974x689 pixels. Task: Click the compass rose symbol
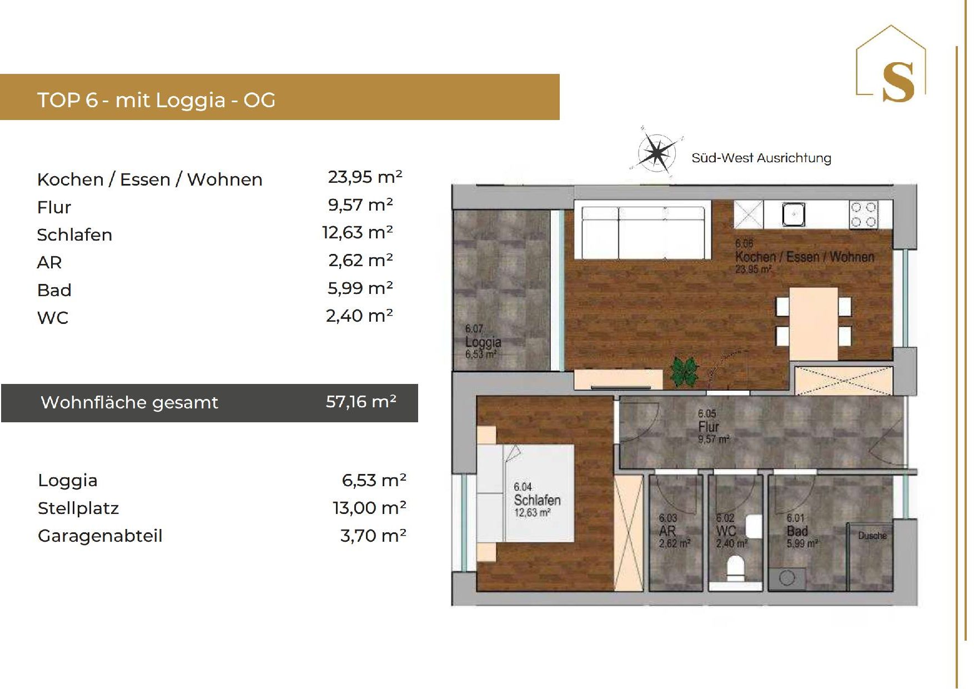pyautogui.click(x=657, y=151)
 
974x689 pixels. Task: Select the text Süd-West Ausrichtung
pyautogui.click(x=761, y=158)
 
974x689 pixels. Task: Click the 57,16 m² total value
pyautogui.click(x=361, y=402)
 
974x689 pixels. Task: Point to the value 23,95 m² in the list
pyautogui.click(x=365, y=177)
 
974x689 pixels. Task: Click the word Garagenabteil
pyautogui.click(x=100, y=536)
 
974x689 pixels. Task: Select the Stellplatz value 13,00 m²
pyautogui.click(x=369, y=507)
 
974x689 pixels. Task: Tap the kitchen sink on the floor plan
pyautogui.click(x=794, y=214)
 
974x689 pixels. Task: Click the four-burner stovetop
pyautogui.click(x=863, y=214)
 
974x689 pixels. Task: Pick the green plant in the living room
pyautogui.click(x=684, y=371)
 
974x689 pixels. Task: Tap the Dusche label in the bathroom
pyautogui.click(x=872, y=536)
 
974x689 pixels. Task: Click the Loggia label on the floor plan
pyautogui.click(x=483, y=342)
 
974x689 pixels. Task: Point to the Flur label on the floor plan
pyautogui.click(x=709, y=427)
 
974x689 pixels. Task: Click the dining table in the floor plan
pyautogui.click(x=814, y=323)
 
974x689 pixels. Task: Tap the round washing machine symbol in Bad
pyautogui.click(x=787, y=578)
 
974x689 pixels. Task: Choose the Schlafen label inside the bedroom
pyautogui.click(x=537, y=500)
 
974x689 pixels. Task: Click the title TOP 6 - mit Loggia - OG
pyautogui.click(x=156, y=100)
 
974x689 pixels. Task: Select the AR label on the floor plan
pyautogui.click(x=667, y=531)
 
